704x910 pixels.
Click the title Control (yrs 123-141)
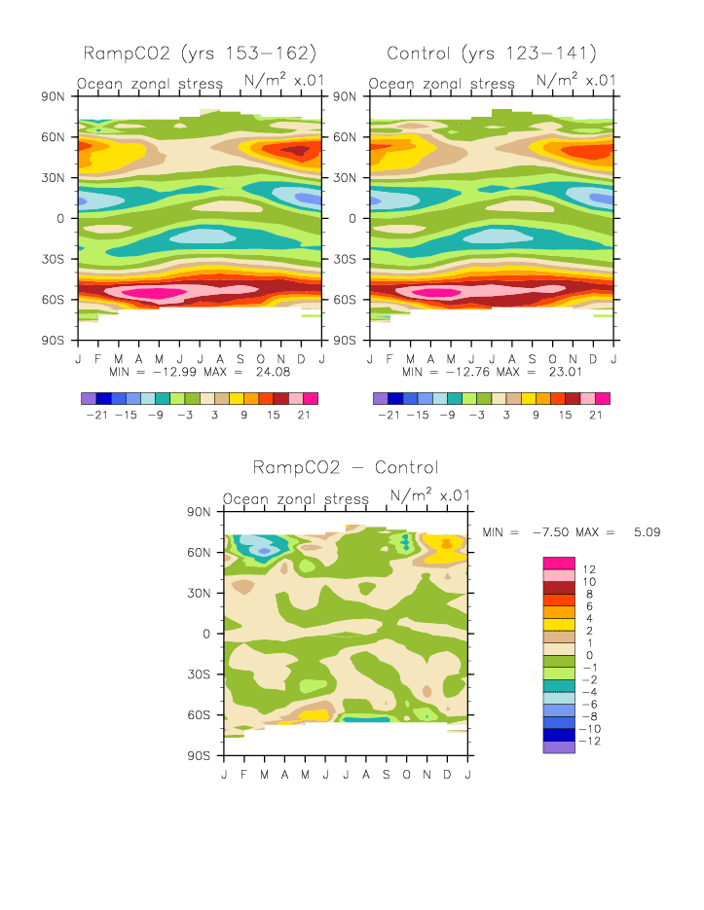pyautogui.click(x=491, y=53)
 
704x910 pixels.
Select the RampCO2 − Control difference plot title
pyautogui.click(x=345, y=467)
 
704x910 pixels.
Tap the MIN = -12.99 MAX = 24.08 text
pyautogui.click(x=200, y=372)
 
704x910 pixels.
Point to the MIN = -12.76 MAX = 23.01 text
pyautogui.click(x=492, y=372)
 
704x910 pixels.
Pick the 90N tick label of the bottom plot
pyautogui.click(x=201, y=511)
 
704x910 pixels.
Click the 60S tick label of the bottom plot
pyautogui.click(x=201, y=714)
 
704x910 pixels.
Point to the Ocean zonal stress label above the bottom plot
pyautogui.click(x=296, y=499)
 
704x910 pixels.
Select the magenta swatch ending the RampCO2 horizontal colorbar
pyautogui.click(x=311, y=399)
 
